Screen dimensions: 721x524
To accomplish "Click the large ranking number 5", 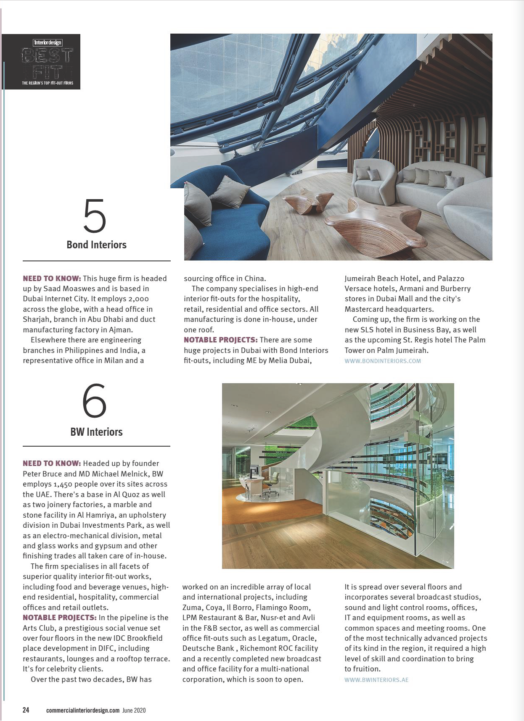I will pyautogui.click(x=95, y=216).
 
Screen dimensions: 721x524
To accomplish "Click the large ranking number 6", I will pyautogui.click(x=95, y=401).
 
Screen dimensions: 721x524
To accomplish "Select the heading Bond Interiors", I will pyautogui.click(x=96, y=245).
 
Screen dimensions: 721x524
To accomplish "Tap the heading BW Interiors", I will pyautogui.click(x=96, y=432).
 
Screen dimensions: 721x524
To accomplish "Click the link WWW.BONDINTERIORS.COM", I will pyautogui.click(x=382, y=361).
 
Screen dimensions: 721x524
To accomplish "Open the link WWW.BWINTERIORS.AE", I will pyautogui.click(x=376, y=679).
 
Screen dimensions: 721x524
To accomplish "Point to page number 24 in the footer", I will pyautogui.click(x=26, y=710).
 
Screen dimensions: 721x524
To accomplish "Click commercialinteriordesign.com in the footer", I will pyautogui.click(x=83, y=710).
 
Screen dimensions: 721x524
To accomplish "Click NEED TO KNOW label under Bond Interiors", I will pyautogui.click(x=52, y=279).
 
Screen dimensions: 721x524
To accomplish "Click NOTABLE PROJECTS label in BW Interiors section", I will pyautogui.click(x=59, y=618).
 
